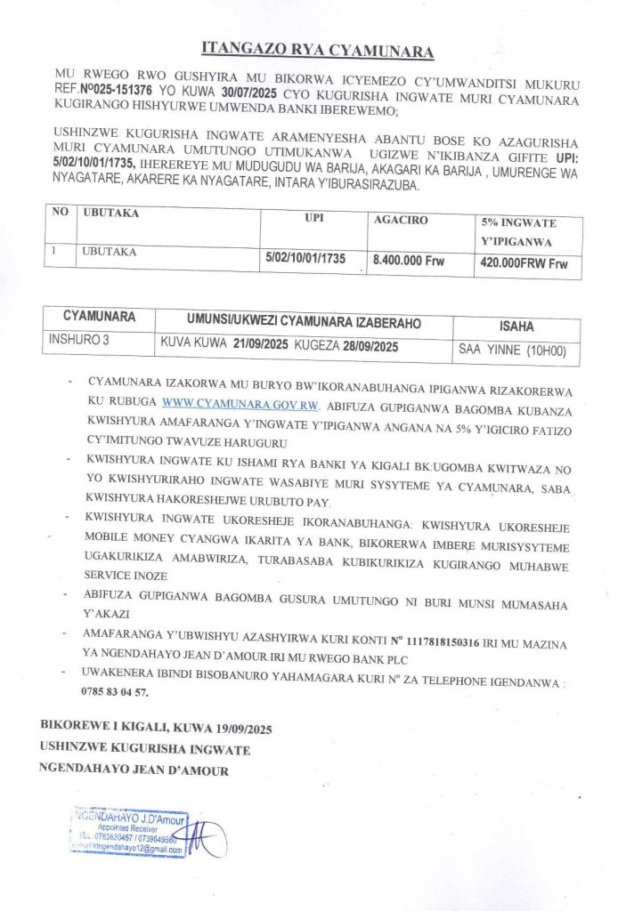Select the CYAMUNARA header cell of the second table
pos(99,317)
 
